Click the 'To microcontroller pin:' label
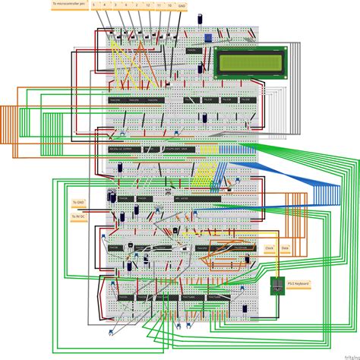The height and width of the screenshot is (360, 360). (68, 5)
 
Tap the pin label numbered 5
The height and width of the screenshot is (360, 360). (93, 5)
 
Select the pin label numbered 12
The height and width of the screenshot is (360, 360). (147, 5)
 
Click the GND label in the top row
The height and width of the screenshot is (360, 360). (181, 5)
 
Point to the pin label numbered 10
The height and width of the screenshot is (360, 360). (170, 5)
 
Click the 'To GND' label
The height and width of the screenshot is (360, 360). (77, 203)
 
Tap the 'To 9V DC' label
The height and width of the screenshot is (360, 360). (77, 216)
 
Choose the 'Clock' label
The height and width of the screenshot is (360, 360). (269, 248)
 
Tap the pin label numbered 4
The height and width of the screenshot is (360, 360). (103, 5)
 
